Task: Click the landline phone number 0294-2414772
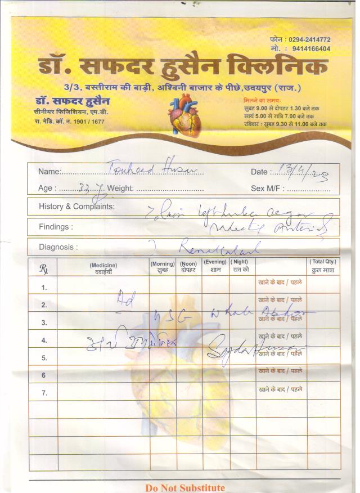(x=309, y=40)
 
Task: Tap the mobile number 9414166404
(x=309, y=49)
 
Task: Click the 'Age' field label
(x=47, y=189)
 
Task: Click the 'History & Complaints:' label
(x=76, y=207)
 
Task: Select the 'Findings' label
(x=56, y=227)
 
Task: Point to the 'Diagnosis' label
(x=58, y=247)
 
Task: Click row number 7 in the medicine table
(x=44, y=392)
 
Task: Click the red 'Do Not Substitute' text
(x=185, y=488)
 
